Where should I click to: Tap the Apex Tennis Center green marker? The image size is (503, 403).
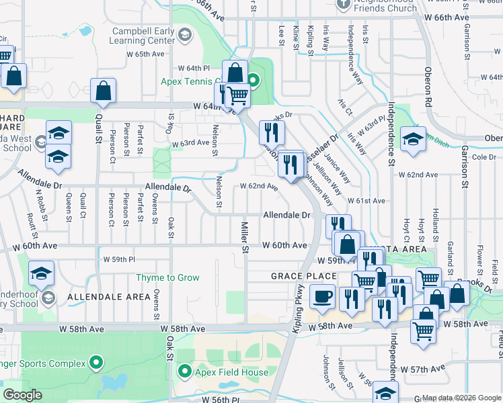[x=254, y=82]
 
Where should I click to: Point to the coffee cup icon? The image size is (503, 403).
[x=323, y=296]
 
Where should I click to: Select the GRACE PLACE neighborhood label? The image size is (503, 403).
[x=303, y=276]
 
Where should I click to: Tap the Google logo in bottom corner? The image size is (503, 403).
[x=22, y=395]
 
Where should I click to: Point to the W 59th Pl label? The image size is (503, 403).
[x=119, y=259]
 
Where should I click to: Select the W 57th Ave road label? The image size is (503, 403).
[x=423, y=369]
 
